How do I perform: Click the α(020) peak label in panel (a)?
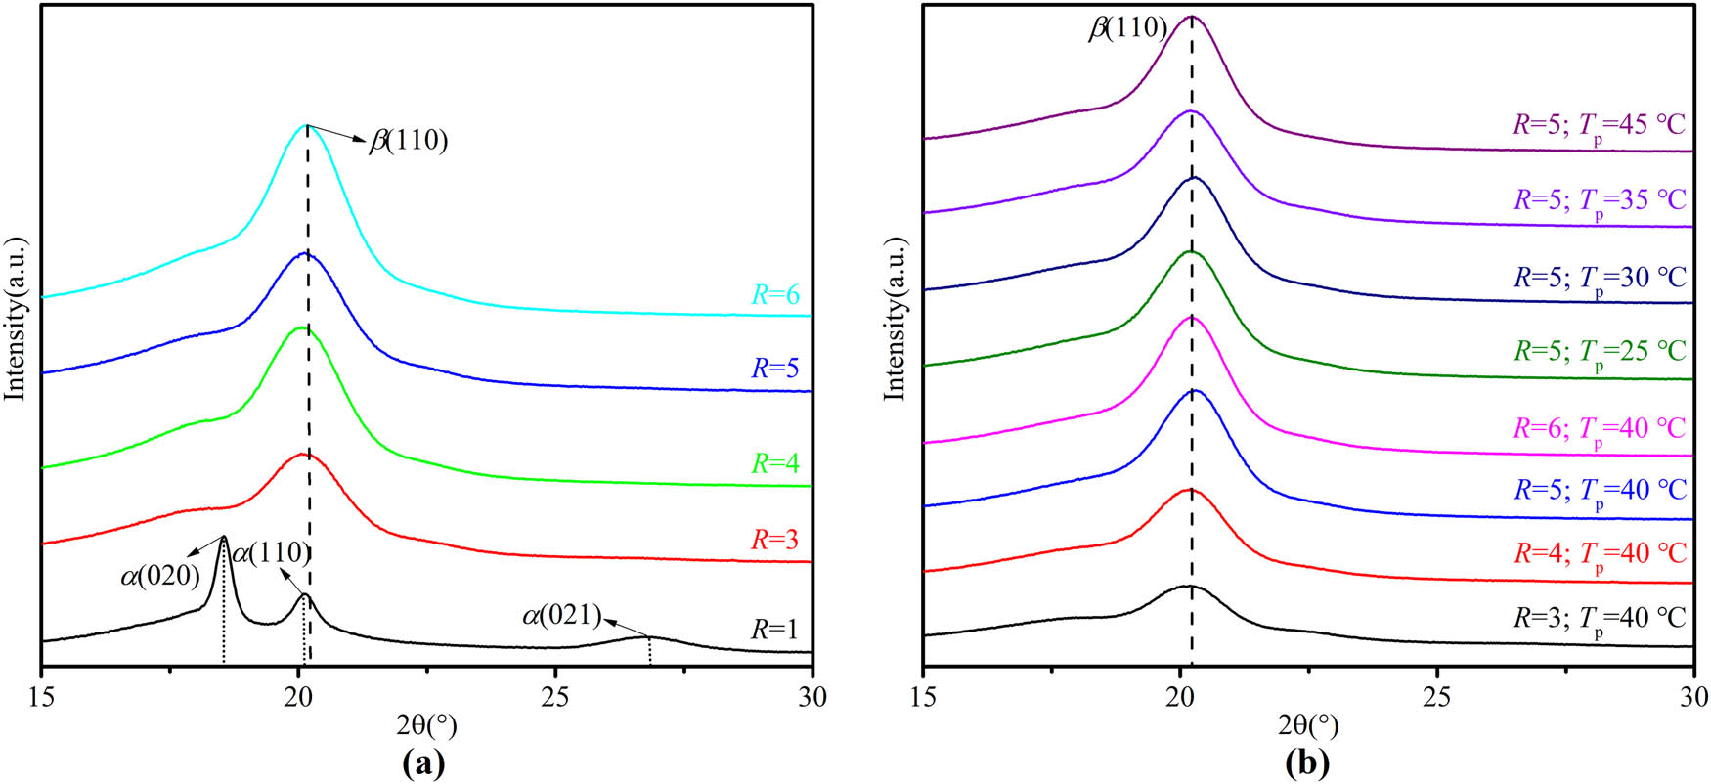(160, 577)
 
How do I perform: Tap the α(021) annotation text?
(561, 616)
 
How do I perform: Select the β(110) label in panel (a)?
(408, 142)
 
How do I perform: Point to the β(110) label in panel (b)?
(1128, 28)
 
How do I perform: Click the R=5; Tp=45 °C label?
(1600, 125)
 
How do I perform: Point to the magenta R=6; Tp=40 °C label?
(1600, 428)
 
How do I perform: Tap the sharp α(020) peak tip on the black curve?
(224, 537)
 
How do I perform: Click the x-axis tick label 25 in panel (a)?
(555, 697)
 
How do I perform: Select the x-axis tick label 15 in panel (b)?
(923, 697)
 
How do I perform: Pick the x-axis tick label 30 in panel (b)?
(1692, 697)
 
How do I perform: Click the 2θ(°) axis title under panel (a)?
(426, 726)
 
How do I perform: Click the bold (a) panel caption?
(424, 763)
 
